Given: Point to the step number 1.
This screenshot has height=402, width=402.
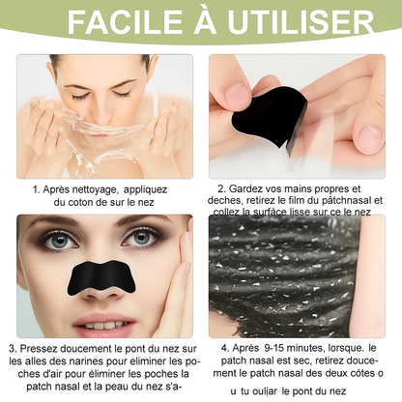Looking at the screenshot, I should click(x=36, y=190).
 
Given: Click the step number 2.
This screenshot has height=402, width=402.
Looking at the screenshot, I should click(x=221, y=188).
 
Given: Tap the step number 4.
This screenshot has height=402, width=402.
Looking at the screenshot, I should click(x=224, y=346).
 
